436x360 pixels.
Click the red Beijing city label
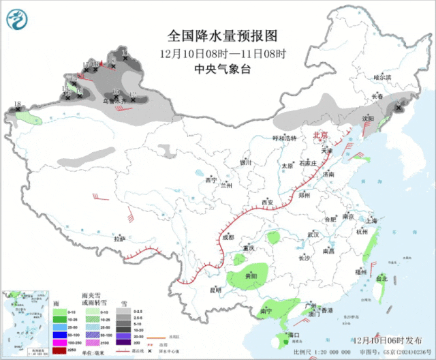click(320, 135)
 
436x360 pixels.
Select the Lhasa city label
click(120, 239)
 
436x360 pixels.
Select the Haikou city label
click(294, 335)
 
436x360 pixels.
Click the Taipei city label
click(381, 278)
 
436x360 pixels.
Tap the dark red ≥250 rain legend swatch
click(60, 350)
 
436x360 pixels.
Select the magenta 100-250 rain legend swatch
click(60, 342)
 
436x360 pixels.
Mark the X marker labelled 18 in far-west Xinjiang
click(17, 109)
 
